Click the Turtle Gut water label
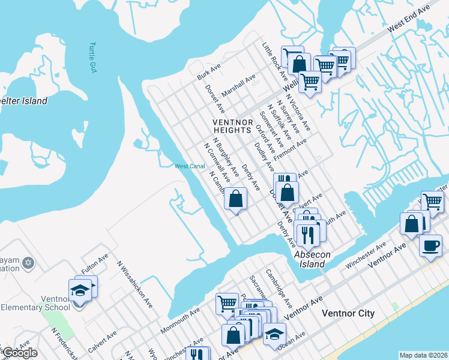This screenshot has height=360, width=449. click(x=92, y=57)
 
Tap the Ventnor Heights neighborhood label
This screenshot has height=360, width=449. click(x=232, y=125)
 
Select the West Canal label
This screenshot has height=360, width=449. click(x=190, y=166)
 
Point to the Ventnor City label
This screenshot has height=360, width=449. click(x=348, y=313)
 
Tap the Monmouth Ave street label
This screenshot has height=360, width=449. click(x=179, y=322)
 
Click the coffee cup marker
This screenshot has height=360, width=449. click(x=430, y=245)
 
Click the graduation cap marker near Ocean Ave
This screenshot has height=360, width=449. click(x=275, y=334)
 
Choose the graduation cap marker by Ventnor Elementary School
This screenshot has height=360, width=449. click(x=80, y=291)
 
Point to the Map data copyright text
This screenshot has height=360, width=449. click(x=423, y=355)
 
